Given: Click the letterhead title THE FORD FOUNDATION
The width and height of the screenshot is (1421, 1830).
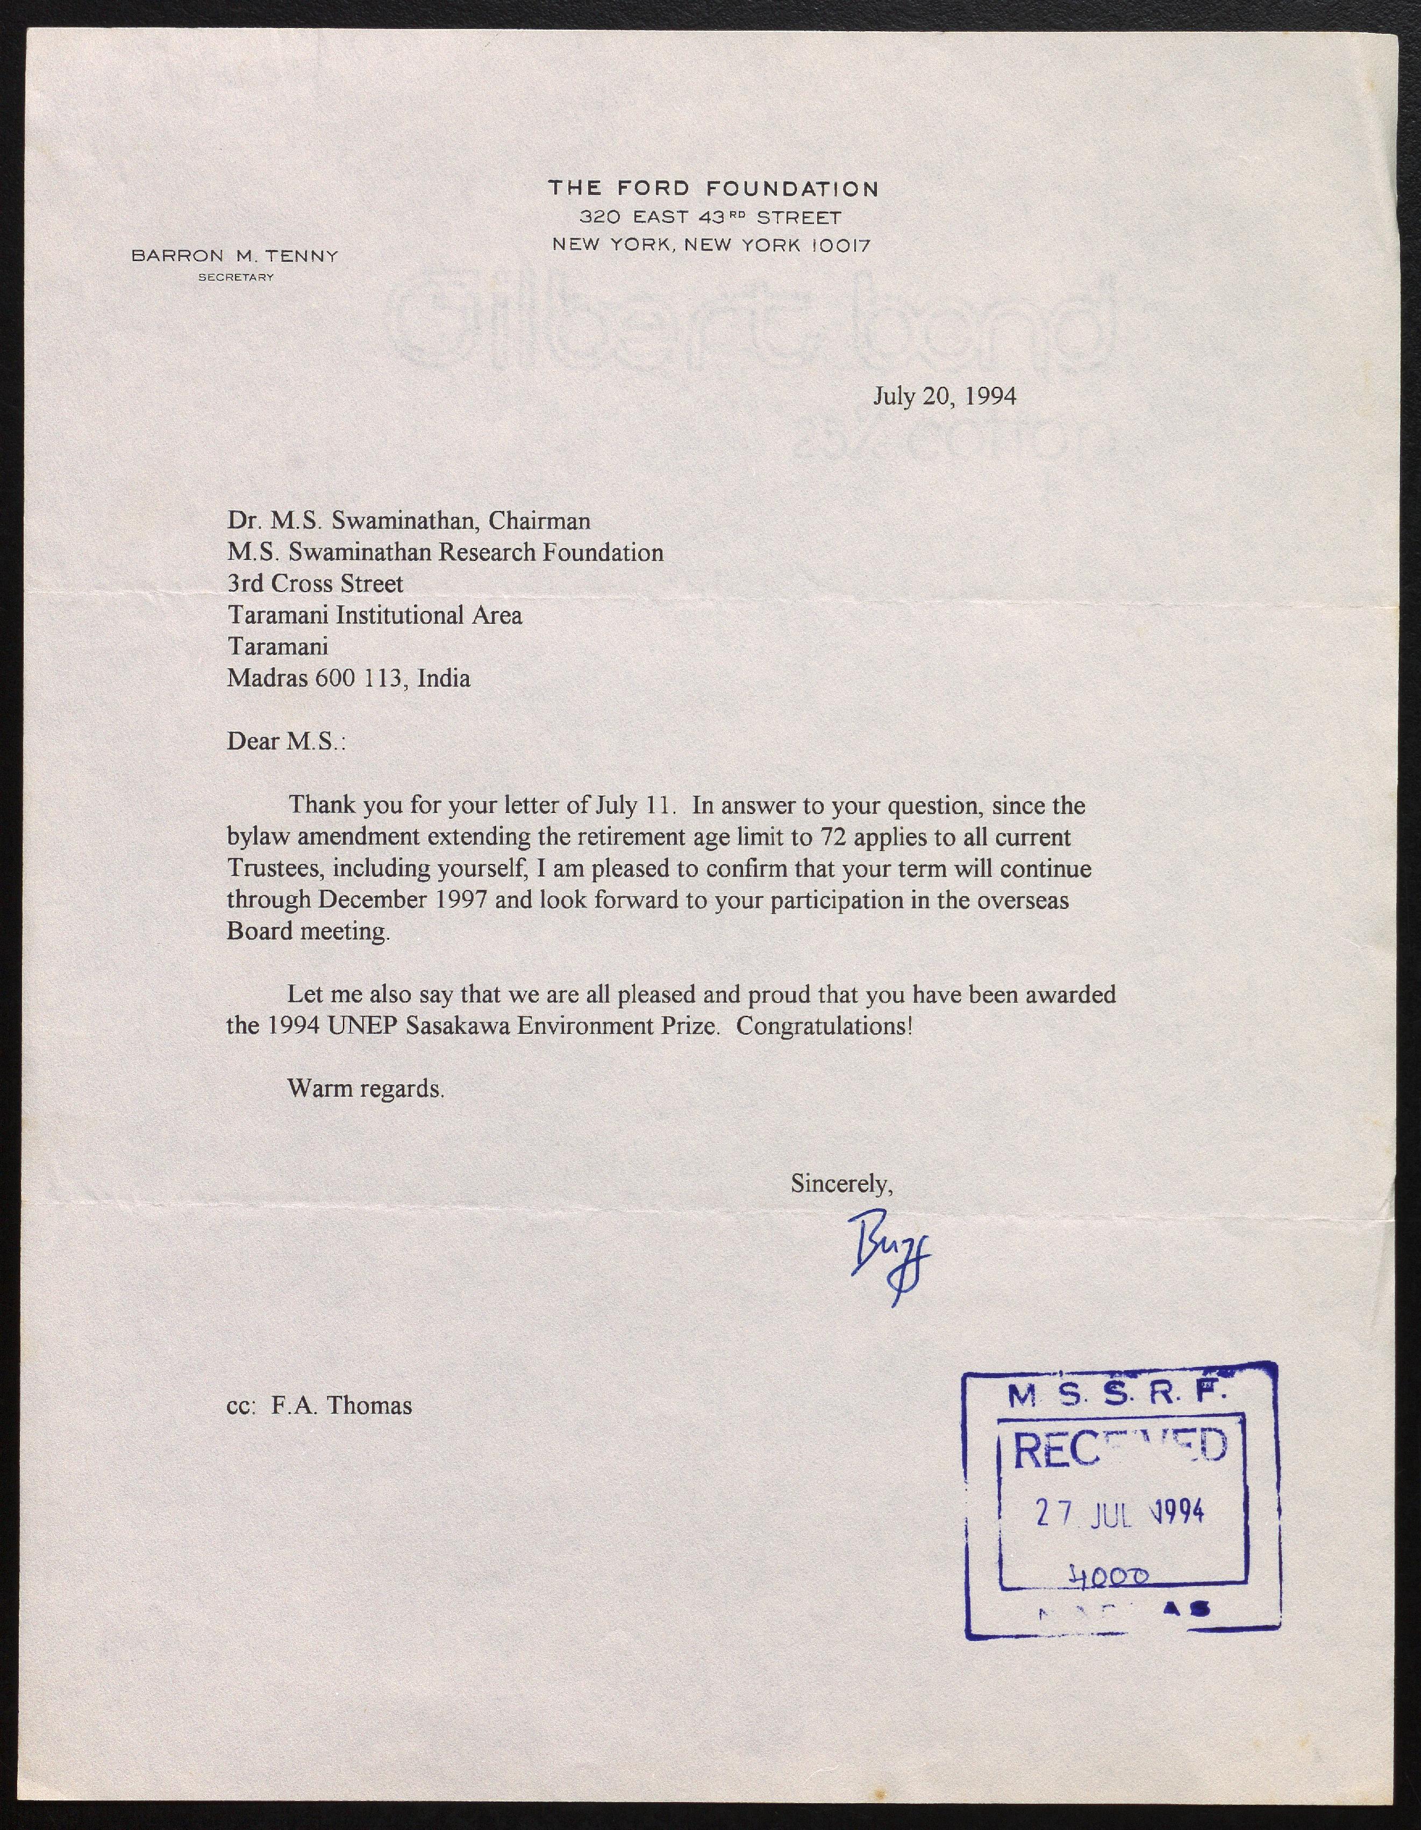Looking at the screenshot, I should tap(713, 189).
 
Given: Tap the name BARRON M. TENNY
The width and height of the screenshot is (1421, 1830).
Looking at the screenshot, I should tap(235, 256).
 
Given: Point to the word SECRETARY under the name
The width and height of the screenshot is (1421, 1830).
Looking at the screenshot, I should tap(235, 277).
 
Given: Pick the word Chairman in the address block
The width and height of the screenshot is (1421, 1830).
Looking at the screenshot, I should tap(539, 521).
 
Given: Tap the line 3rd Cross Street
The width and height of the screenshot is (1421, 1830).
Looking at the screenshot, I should tap(315, 584).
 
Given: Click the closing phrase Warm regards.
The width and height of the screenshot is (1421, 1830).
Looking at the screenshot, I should tap(366, 1089).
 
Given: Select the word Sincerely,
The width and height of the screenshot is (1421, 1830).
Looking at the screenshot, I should tap(842, 1184).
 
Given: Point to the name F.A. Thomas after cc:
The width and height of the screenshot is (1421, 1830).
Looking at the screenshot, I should tap(341, 1405).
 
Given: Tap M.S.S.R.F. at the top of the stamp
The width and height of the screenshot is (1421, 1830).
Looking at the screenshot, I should tap(1118, 1395).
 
